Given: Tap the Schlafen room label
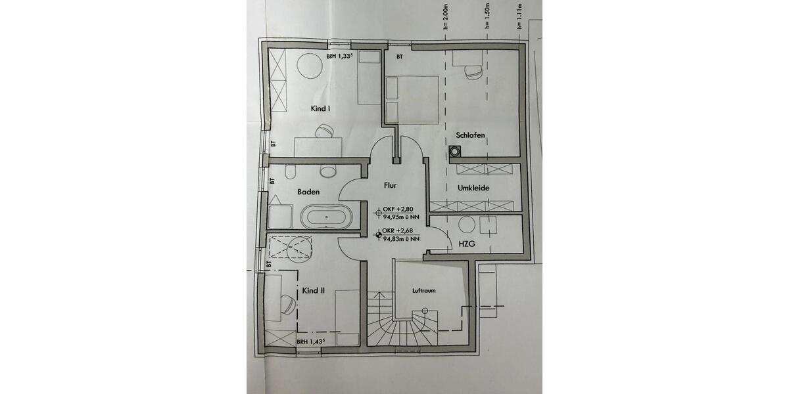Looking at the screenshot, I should [x=471, y=135].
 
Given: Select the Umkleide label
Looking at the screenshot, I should [x=475, y=188].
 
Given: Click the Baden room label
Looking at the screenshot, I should [x=308, y=192].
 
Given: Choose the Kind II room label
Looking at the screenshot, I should [x=314, y=290].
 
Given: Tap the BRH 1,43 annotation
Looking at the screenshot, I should [x=311, y=342].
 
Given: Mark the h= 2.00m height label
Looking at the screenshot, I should [x=445, y=19].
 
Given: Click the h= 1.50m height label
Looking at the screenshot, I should [x=487, y=19].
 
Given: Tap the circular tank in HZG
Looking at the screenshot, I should [x=466, y=225].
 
